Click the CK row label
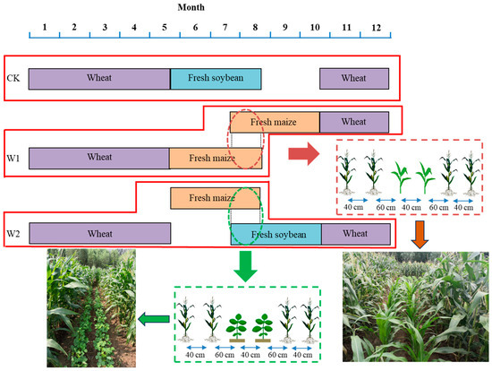click(13, 79)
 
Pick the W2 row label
click(13, 236)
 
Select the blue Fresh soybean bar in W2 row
click(276, 235)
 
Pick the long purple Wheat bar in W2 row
click(99, 235)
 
